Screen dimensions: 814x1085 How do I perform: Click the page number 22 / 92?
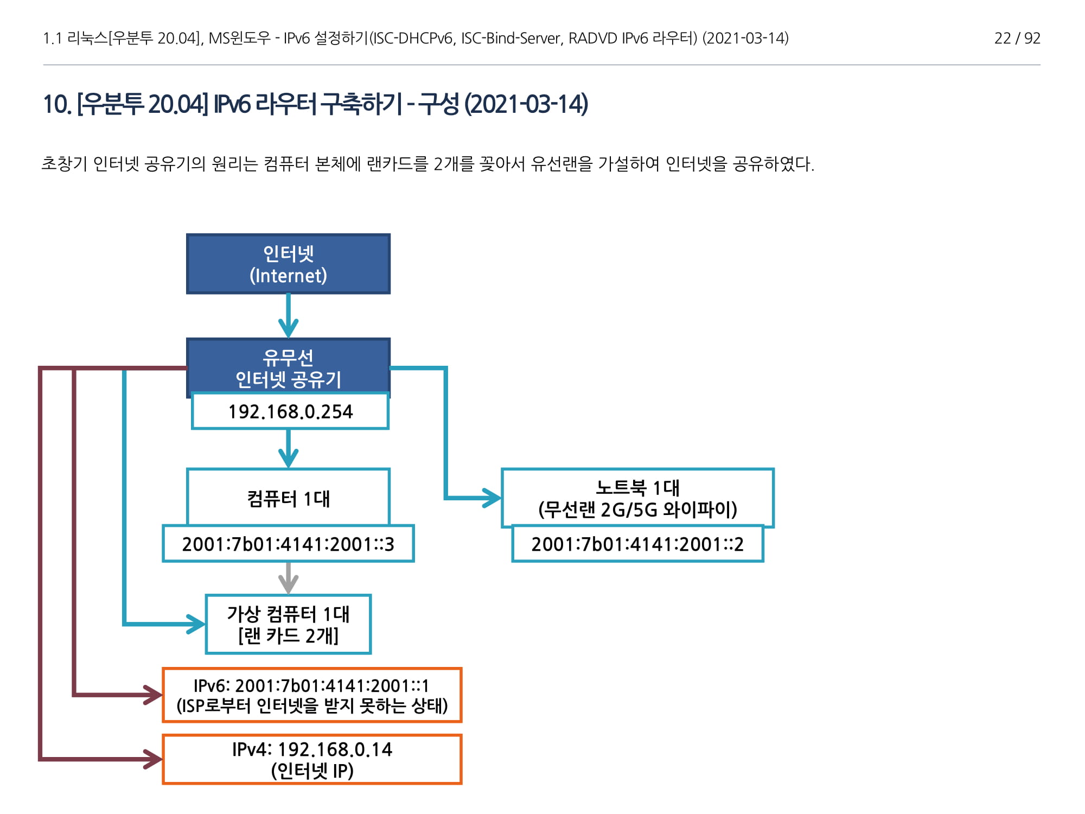click(1017, 38)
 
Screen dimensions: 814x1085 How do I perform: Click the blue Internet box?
click(288, 264)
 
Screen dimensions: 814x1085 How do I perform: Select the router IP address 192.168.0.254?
click(290, 411)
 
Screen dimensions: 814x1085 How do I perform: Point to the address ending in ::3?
click(288, 544)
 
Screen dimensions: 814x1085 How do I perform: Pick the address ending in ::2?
click(637, 544)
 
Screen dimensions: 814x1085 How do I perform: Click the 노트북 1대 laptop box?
click(637, 498)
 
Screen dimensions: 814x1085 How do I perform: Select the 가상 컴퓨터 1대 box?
click(288, 624)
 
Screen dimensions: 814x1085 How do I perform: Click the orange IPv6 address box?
click(312, 695)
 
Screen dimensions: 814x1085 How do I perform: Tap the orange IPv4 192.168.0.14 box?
click(312, 759)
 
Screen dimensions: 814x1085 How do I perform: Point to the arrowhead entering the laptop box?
click(493, 498)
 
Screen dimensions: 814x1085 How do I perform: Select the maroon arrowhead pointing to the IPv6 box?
click(153, 695)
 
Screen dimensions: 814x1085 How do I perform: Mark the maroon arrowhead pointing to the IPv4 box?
click(153, 759)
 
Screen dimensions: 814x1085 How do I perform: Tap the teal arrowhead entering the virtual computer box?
click(196, 624)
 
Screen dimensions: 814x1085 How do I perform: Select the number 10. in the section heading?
click(56, 104)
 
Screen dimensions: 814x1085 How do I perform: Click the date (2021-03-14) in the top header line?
click(745, 38)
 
